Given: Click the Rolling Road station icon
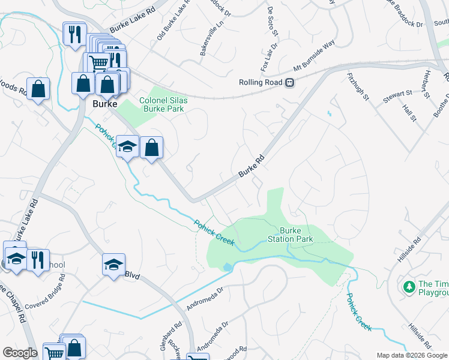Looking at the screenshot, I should [290, 83].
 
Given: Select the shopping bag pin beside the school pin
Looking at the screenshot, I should [152, 147].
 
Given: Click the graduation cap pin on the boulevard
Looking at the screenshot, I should [113, 265].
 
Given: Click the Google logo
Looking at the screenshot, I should [20, 353].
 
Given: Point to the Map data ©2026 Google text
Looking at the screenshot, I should [412, 355].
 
